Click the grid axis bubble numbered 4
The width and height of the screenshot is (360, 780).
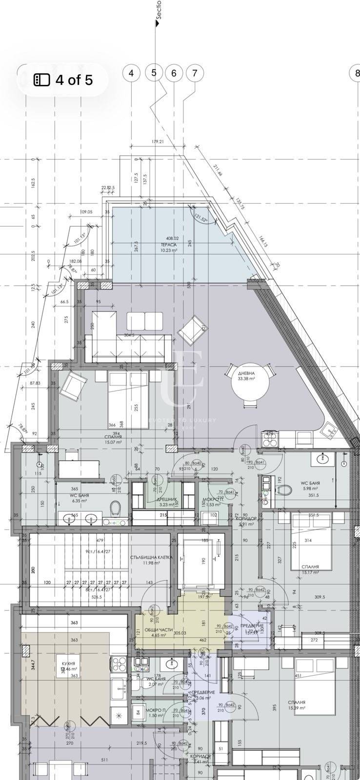tap(131, 73)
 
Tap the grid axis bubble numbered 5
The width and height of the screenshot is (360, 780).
tap(154, 73)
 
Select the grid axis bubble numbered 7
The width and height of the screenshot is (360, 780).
tap(195, 73)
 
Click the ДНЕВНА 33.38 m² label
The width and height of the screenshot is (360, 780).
tap(246, 375)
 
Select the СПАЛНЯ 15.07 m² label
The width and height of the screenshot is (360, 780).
tap(113, 440)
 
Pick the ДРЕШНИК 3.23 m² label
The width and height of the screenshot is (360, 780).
tap(160, 502)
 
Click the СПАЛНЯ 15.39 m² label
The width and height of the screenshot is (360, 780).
tap(296, 705)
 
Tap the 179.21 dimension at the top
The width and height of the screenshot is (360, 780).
tap(158, 142)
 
